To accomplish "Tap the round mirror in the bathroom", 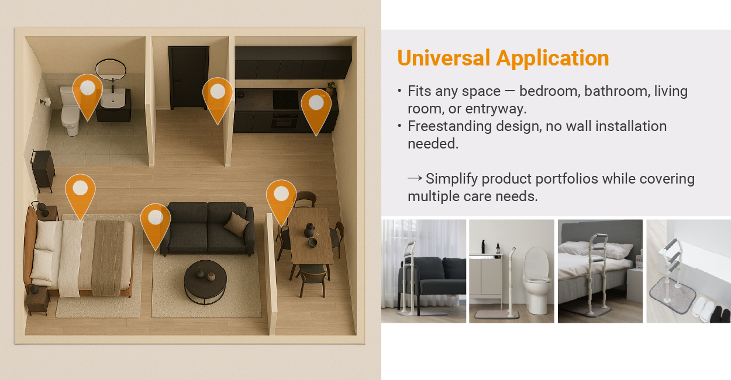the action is tap(111, 69).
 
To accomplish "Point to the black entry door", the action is tap(189, 78).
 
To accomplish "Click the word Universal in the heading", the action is tap(444, 58).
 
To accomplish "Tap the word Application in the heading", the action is tap(553, 58).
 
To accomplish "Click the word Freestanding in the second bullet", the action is tap(450, 126).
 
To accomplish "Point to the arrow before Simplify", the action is tap(415, 178).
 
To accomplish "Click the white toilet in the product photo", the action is tap(536, 280).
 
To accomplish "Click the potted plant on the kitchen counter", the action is tap(330, 87).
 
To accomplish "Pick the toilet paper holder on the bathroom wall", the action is tap(46, 102).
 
